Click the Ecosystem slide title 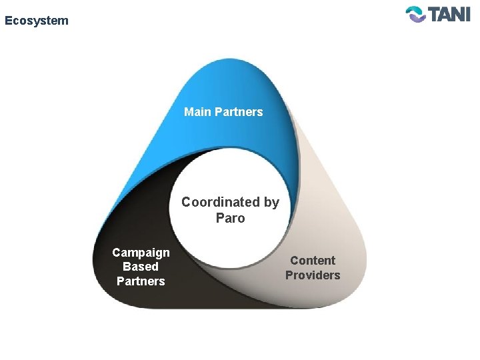pyautogui.click(x=36, y=21)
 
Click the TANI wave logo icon pyautogui.click(x=416, y=14)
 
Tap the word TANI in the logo pyautogui.click(x=449, y=14)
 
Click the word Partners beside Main pyautogui.click(x=238, y=112)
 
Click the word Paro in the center pyautogui.click(x=231, y=218)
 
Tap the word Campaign pyautogui.click(x=141, y=253)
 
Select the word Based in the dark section pyautogui.click(x=141, y=267)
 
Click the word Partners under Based pyautogui.click(x=141, y=281)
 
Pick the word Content pyautogui.click(x=313, y=261)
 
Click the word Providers pyautogui.click(x=313, y=275)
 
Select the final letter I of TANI pyautogui.click(x=467, y=14)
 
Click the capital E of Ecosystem pyautogui.click(x=8, y=21)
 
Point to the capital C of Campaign pyautogui.click(x=117, y=253)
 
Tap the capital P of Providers pyautogui.click(x=289, y=275)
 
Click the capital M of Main pyautogui.click(x=189, y=112)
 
